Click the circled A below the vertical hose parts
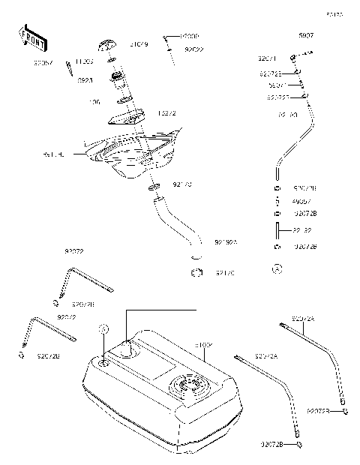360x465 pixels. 277,268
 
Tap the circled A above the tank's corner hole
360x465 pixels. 104,329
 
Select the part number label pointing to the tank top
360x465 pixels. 203,345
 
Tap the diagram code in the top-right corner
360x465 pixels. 334,13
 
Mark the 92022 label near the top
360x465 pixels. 193,49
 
